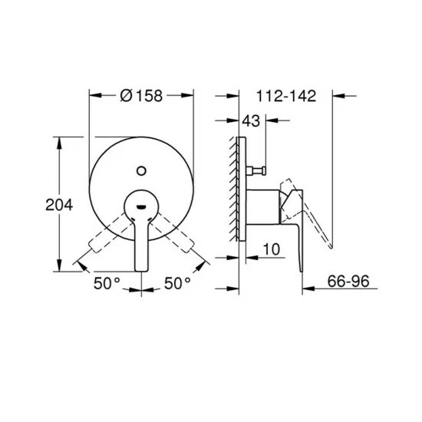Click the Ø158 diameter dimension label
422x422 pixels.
coord(141,96)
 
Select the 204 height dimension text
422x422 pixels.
coord(59,205)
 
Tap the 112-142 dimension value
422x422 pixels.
coord(286,96)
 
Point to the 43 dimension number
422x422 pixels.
coord(251,120)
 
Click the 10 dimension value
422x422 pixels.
coord(272,249)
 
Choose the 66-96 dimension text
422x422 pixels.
coord(348,282)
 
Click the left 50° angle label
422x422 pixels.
coord(107,283)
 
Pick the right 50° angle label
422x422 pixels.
coord(177,283)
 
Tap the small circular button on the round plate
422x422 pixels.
coord(141,170)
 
